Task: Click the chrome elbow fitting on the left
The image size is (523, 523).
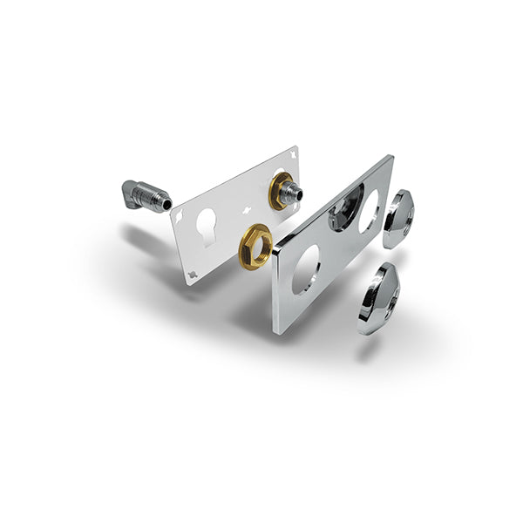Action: click(141, 195)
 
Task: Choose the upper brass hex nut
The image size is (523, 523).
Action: click(281, 191)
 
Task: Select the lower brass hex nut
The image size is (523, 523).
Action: click(255, 247)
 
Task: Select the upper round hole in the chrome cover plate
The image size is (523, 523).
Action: click(370, 210)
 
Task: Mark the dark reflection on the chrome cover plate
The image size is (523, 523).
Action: click(342, 212)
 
